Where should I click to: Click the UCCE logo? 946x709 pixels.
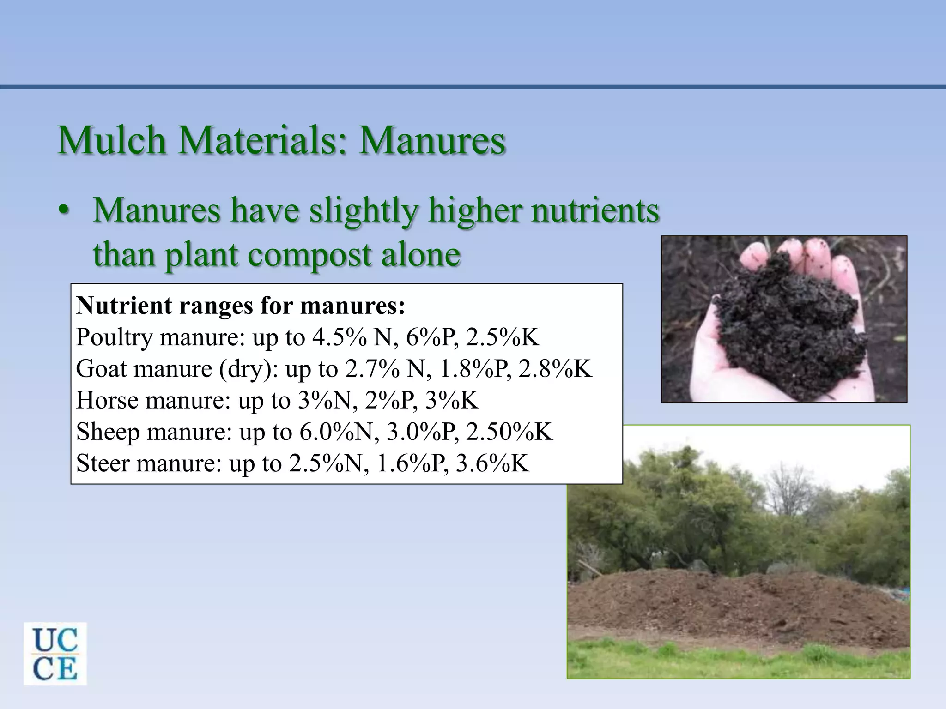[55, 654]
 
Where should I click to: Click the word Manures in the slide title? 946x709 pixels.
[432, 140]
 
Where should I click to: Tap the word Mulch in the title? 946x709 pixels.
[111, 140]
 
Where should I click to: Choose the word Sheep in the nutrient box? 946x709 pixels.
[108, 432]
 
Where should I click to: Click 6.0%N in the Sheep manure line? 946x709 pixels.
[336, 432]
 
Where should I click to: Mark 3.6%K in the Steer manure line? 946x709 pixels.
[492, 463]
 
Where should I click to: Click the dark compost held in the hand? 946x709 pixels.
[785, 323]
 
